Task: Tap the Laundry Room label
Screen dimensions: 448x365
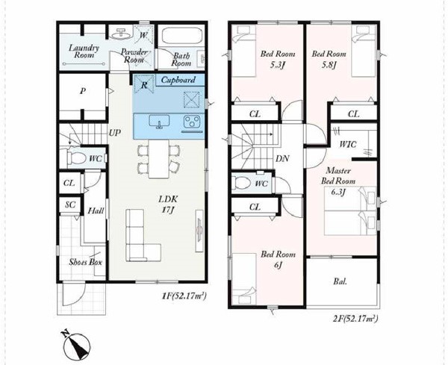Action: [x=84, y=52]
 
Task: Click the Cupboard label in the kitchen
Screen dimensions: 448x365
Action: [x=178, y=80]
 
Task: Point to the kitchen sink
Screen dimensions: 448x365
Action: [x=159, y=122]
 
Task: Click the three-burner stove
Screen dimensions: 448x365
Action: [x=192, y=122]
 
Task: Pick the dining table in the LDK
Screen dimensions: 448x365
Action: [x=159, y=159]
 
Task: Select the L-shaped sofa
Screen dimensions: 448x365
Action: [x=143, y=235]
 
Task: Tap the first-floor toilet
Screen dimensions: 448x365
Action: [x=77, y=157]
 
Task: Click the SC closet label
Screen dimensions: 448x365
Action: [x=70, y=205]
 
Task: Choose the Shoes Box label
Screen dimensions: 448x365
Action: [x=85, y=262]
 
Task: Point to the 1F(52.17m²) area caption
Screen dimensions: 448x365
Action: [x=184, y=296]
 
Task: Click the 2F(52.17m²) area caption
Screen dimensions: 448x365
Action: [x=355, y=318]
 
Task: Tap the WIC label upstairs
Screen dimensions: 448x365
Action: [x=348, y=144]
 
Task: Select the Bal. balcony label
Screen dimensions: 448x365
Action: [x=340, y=281]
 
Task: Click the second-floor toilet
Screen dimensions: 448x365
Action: [x=242, y=182]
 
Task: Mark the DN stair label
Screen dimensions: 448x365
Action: [x=282, y=158]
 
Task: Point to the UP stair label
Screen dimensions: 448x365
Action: [x=115, y=133]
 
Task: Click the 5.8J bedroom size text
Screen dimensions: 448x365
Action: [x=329, y=65]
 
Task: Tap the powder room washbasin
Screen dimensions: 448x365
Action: [x=122, y=34]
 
